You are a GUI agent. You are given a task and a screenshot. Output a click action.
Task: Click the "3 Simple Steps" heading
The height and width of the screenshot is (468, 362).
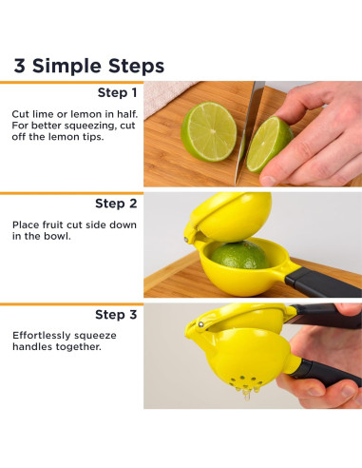pos(89,66)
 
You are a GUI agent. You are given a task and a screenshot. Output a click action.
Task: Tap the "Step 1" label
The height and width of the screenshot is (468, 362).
pos(117,92)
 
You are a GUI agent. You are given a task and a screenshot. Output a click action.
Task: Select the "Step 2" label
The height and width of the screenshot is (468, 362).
pos(116,204)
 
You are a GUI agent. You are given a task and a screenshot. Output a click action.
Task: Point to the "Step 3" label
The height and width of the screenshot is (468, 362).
pos(116,315)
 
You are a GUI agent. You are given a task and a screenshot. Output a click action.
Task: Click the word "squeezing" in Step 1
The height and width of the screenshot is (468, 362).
pos(90,126)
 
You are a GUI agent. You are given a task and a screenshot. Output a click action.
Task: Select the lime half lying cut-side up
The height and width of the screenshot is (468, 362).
pos(209,131)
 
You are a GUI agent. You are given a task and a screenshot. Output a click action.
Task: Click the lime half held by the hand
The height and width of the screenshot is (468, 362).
pos(268,145)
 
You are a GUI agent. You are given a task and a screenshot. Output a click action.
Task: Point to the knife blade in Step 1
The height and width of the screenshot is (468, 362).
pos(249,130)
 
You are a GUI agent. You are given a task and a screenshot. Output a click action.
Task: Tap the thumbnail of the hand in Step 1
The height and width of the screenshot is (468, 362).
pos(268,180)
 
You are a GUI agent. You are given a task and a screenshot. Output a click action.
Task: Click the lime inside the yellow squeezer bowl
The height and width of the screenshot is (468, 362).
pos(239,255)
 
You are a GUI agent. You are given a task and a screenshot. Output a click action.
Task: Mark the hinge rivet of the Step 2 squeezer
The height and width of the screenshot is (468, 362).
pos(186,239)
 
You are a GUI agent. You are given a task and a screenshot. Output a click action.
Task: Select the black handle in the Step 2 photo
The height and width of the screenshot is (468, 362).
pos(323,283)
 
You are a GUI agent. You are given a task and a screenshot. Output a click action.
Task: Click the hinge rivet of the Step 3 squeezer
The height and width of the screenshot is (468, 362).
pos(200,324)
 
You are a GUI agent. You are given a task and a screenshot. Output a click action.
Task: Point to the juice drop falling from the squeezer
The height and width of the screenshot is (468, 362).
pos(246,394)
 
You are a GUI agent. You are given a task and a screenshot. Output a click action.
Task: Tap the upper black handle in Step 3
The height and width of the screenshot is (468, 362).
pos(325,316)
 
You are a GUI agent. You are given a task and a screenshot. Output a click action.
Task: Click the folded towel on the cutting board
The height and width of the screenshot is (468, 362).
pos(168,97)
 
